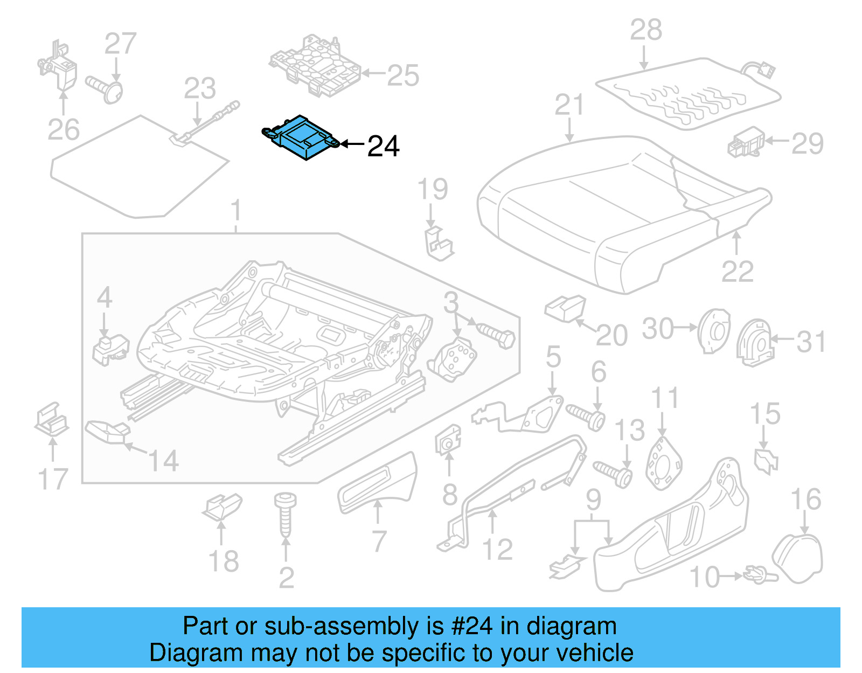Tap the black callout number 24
[383, 147]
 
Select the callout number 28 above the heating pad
[646, 30]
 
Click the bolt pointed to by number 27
[106, 88]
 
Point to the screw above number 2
[285, 514]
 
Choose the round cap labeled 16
[798, 558]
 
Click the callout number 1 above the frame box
[236, 211]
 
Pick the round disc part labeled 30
[713, 330]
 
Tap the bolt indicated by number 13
[614, 473]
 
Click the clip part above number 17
[52, 420]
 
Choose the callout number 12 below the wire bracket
[497, 550]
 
